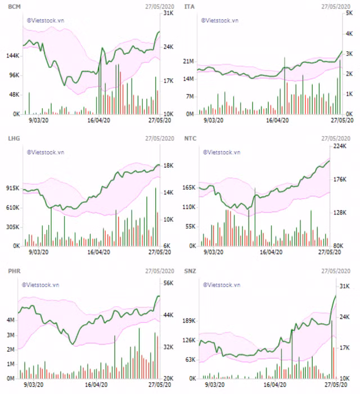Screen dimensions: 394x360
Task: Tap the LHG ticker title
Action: [x=13, y=137]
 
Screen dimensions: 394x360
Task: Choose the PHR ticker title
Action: [x=13, y=271]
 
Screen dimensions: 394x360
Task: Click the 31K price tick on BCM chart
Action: [x=168, y=13]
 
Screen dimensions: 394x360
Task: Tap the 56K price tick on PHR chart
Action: [x=168, y=284]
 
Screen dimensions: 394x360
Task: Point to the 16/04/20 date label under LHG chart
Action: [x=98, y=253]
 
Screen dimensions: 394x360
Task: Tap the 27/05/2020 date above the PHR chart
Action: [x=160, y=271]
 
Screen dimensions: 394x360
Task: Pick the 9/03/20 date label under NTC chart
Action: [x=213, y=253]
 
